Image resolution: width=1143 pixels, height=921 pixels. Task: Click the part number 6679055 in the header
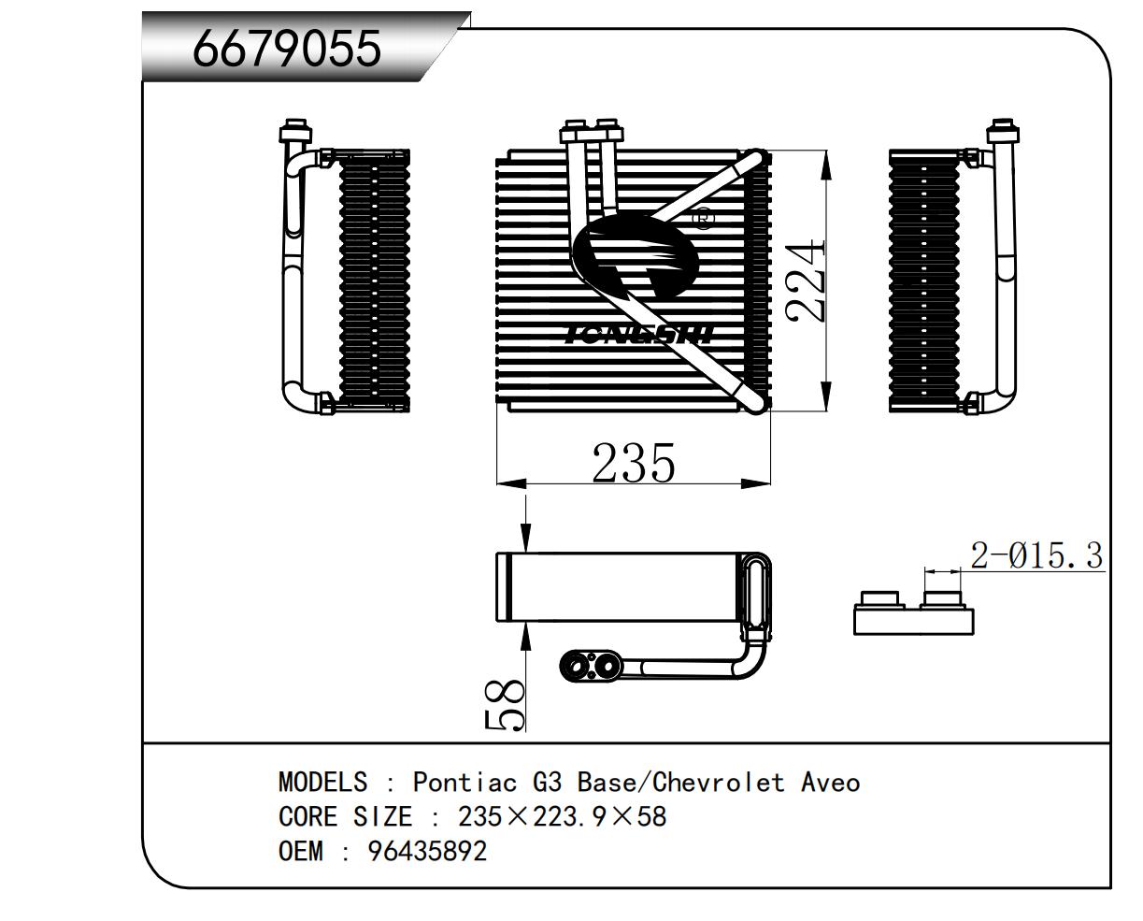pyautogui.click(x=287, y=48)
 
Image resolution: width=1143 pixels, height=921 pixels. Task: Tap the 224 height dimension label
pyautogui.click(x=807, y=281)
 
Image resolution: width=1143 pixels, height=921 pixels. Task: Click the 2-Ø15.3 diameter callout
pyautogui.click(x=1036, y=555)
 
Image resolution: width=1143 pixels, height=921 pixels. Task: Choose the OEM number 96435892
pyautogui.click(x=427, y=852)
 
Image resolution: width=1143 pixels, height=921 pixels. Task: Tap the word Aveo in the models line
pyautogui.click(x=830, y=782)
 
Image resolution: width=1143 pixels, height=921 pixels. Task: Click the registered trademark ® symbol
pyautogui.click(x=702, y=219)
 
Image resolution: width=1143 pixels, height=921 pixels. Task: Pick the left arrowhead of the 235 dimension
pyautogui.click(x=509, y=483)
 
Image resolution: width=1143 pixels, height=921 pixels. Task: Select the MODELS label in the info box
pyautogui.click(x=322, y=782)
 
